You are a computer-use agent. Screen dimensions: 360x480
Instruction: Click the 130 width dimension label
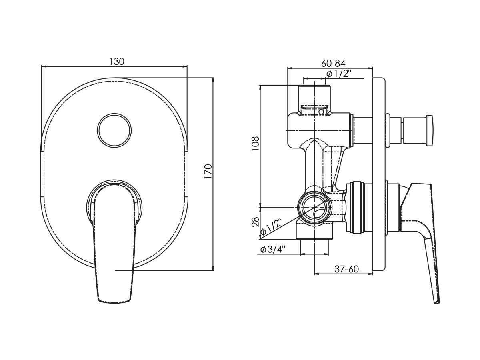pos(116,62)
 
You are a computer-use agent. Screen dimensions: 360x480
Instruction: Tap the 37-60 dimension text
pos(346,269)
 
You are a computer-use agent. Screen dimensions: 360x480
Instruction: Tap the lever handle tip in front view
pos(114,296)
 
